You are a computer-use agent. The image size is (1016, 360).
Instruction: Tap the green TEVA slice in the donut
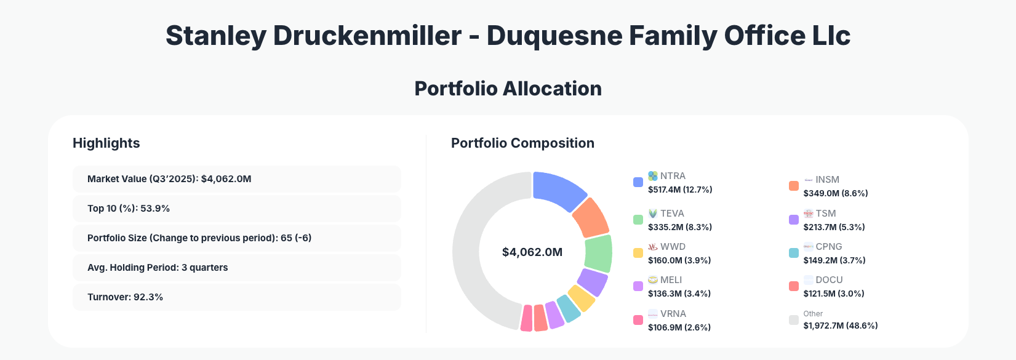[598, 254]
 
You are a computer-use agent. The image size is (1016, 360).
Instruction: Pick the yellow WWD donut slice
[581, 298]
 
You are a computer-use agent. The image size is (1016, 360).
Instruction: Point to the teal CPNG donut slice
[568, 308]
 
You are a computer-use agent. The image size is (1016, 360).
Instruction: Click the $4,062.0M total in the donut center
[532, 252]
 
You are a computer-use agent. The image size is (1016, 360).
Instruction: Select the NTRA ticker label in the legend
[673, 176]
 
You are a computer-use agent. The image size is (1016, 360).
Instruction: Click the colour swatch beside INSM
[794, 186]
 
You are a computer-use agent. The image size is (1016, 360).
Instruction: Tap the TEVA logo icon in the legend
[653, 214]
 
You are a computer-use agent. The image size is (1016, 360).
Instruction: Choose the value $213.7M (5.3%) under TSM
[834, 227]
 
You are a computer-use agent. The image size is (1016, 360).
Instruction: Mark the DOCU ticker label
[829, 280]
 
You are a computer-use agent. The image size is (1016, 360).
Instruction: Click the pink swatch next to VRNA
[638, 320]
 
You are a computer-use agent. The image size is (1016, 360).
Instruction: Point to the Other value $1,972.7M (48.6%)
[840, 326]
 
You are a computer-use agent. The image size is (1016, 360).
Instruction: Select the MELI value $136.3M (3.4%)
[679, 294]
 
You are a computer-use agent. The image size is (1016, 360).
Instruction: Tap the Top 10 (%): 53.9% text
[129, 209]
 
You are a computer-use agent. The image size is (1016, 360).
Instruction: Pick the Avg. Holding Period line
[158, 268]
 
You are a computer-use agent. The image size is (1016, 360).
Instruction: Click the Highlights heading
[106, 143]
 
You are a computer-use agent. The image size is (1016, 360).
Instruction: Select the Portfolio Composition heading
[522, 143]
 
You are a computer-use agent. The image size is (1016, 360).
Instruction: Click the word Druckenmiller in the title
[367, 36]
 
